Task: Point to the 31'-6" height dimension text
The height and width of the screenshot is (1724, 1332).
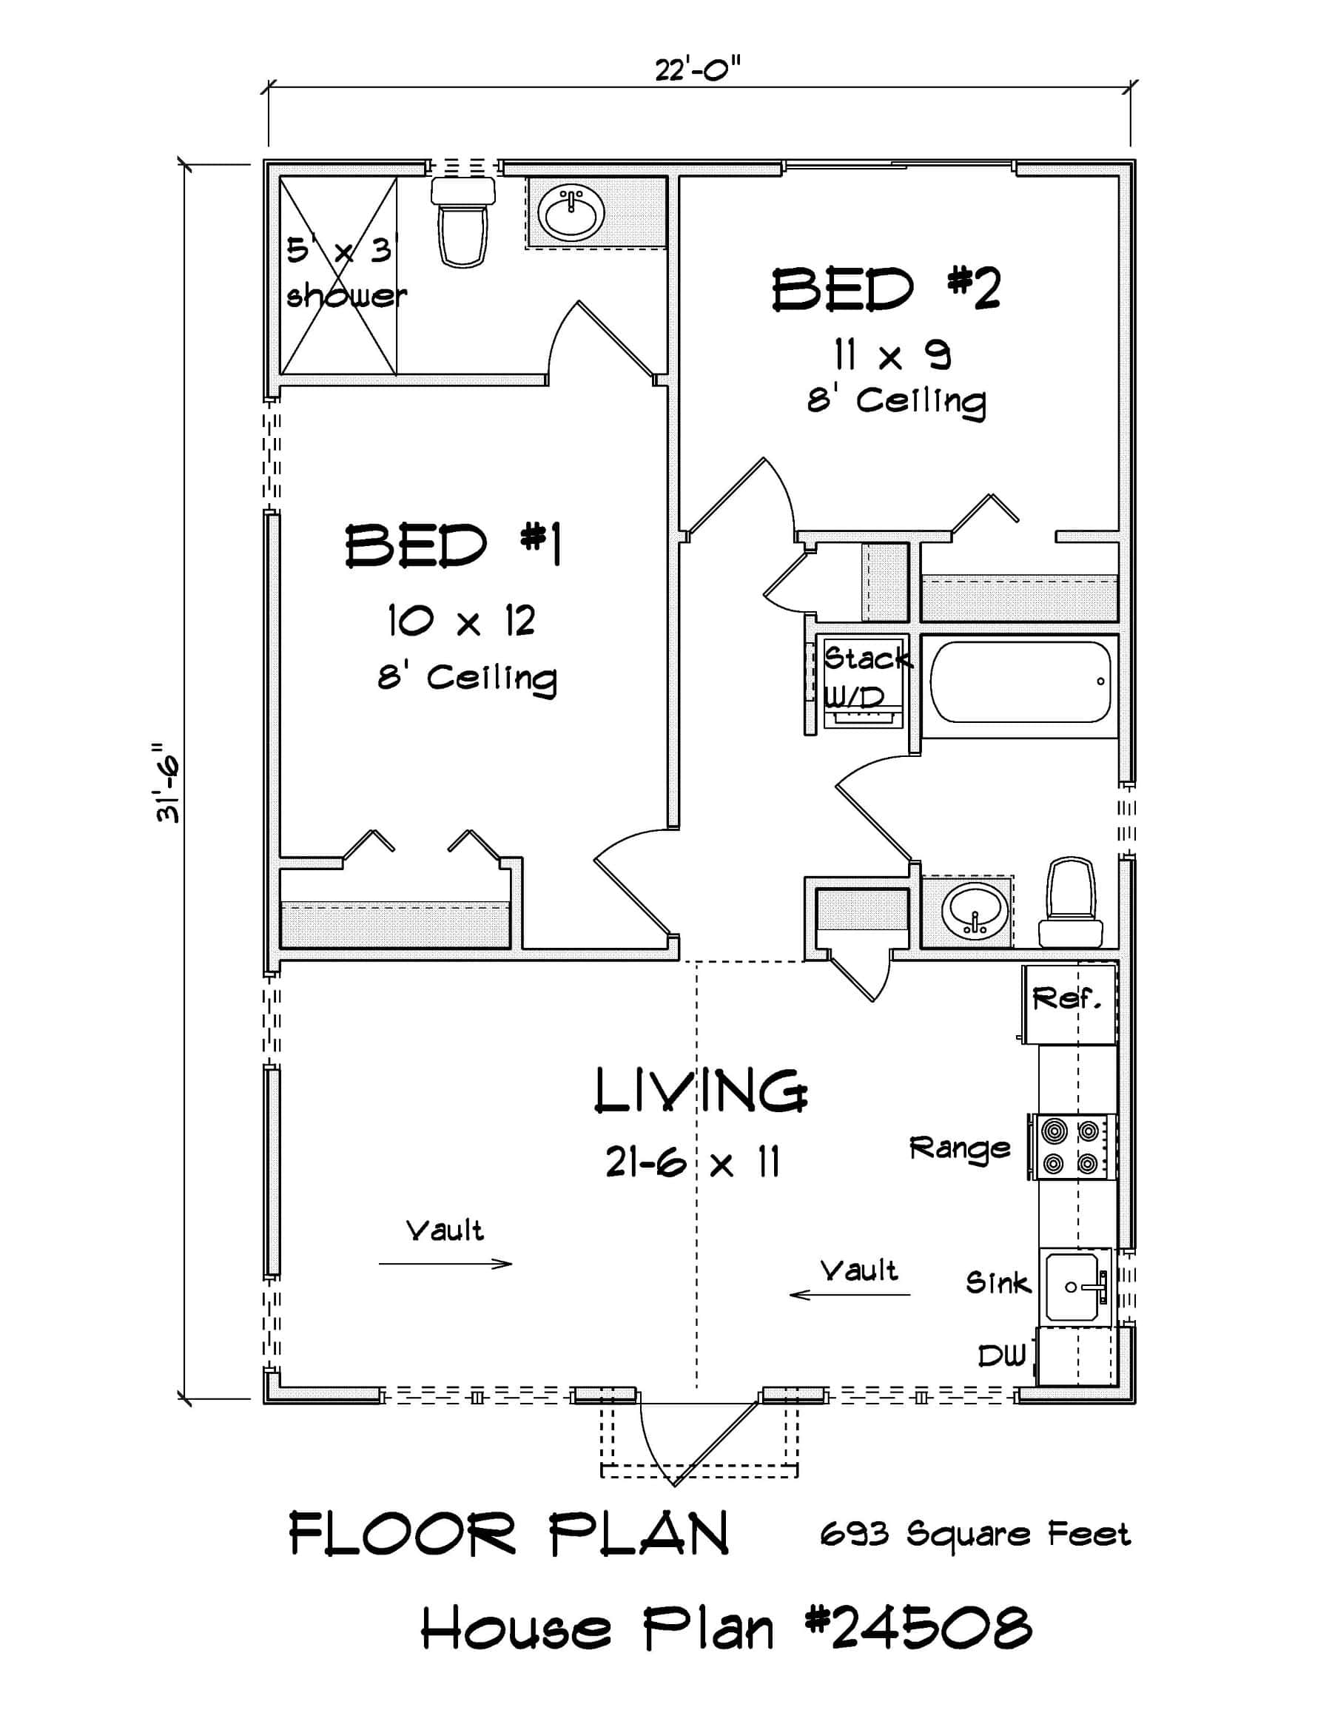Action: pyautogui.click(x=166, y=781)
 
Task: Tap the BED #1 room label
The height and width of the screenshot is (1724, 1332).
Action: pyautogui.click(x=454, y=545)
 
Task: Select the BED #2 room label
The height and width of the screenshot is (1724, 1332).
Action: pyautogui.click(x=886, y=290)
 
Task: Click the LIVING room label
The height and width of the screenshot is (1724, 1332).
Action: pyautogui.click(x=700, y=1091)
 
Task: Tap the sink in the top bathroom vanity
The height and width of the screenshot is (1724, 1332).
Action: pyautogui.click(x=570, y=212)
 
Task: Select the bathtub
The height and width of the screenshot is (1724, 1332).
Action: pyautogui.click(x=1020, y=681)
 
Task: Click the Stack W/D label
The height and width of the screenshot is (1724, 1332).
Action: pyautogui.click(x=865, y=676)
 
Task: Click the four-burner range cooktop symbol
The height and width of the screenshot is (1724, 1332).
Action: pyautogui.click(x=1072, y=1146)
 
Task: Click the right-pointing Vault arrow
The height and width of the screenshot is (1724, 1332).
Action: pyautogui.click(x=446, y=1264)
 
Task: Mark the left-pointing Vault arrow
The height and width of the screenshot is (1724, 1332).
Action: pyautogui.click(x=850, y=1295)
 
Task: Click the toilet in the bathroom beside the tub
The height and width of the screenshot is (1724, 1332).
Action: pyautogui.click(x=1070, y=904)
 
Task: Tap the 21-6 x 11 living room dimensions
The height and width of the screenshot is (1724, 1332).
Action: pyautogui.click(x=693, y=1162)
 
